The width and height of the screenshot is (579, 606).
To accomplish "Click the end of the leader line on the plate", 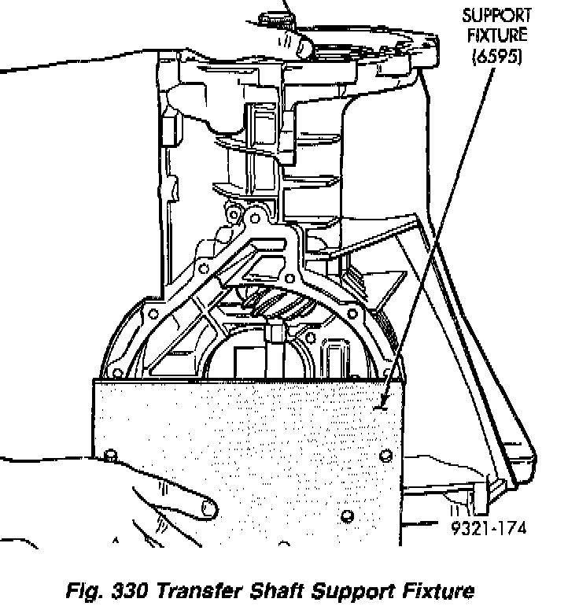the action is coord(382,406).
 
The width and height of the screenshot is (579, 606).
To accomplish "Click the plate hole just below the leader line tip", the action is coord(385,456).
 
